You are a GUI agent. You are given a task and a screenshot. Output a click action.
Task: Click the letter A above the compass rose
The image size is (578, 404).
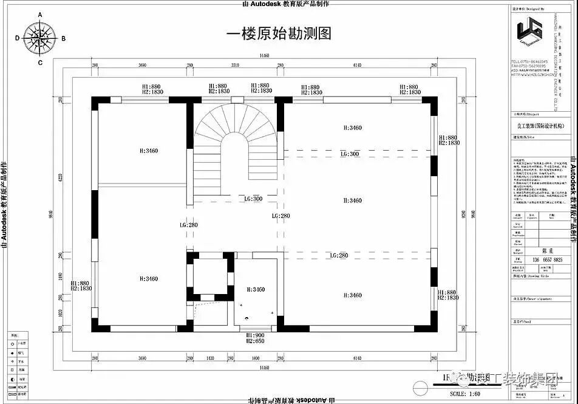coord(40,15)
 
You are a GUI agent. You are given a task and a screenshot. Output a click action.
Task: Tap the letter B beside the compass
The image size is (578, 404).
coord(63,38)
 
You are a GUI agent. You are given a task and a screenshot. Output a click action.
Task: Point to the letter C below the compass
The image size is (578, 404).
coord(40,62)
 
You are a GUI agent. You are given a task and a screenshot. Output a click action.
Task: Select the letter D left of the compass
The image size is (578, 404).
coord(17,38)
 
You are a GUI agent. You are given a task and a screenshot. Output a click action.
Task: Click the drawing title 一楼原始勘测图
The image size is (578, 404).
coord(279,33)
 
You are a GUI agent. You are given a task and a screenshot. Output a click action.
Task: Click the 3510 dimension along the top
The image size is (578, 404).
coord(234,65)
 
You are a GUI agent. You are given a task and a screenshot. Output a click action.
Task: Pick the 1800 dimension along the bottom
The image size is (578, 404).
coord(255,359)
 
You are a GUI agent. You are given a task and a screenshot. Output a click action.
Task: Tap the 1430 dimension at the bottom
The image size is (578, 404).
coord(210,359)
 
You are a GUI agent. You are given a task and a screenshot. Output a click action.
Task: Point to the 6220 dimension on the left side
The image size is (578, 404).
coord(60,179)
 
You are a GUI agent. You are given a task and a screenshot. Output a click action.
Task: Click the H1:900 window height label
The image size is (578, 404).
coord(254,335)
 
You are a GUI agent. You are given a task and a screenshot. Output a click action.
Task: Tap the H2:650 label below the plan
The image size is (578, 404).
coord(254,341)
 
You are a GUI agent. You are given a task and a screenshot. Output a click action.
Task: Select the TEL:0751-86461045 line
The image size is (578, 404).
coord(529,61)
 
